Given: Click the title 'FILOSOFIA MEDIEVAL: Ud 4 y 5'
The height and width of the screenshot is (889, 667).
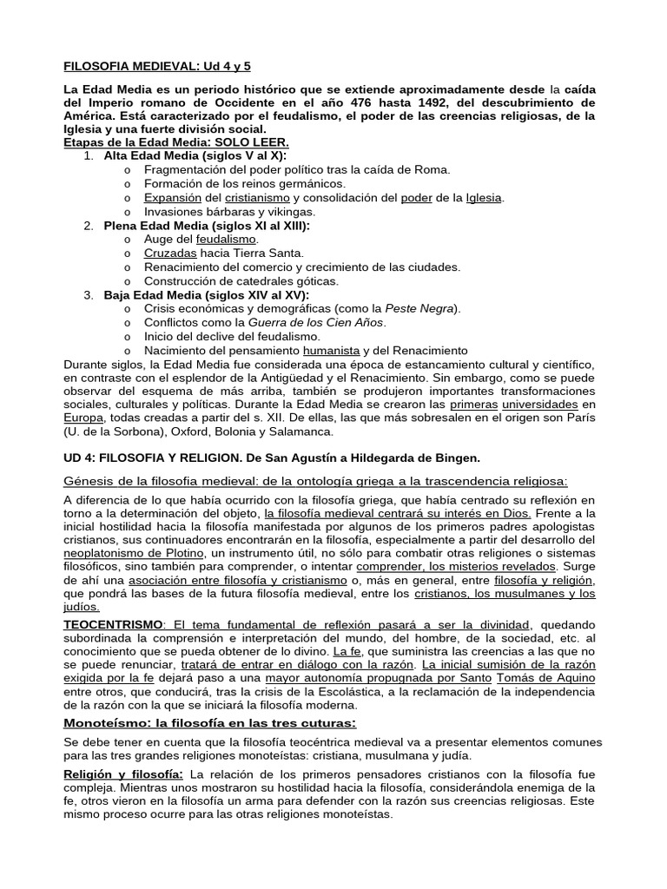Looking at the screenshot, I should pos(157,66).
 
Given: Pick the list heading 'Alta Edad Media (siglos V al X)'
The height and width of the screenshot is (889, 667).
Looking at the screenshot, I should pos(195,155).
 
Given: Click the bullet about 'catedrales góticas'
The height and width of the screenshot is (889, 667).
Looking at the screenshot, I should pos(241,280).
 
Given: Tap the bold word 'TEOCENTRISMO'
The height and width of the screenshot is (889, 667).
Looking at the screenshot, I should pos(114,624).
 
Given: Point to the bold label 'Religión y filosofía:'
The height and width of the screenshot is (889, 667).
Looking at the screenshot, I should pos(122,774).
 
